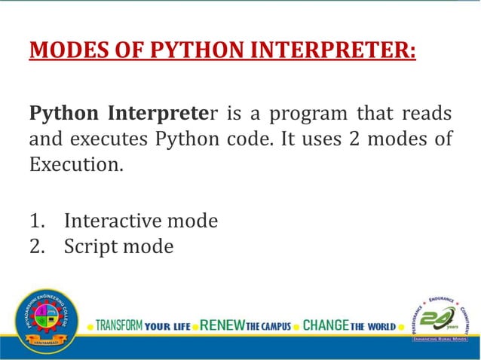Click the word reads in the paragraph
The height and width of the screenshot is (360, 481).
pyautogui.click(x=424, y=114)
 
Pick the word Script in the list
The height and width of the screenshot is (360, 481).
pyautogui.click(x=89, y=246)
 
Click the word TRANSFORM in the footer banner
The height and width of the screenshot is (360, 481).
pyautogui.click(x=119, y=326)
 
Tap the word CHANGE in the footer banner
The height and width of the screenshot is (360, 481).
pyautogui.click(x=326, y=326)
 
